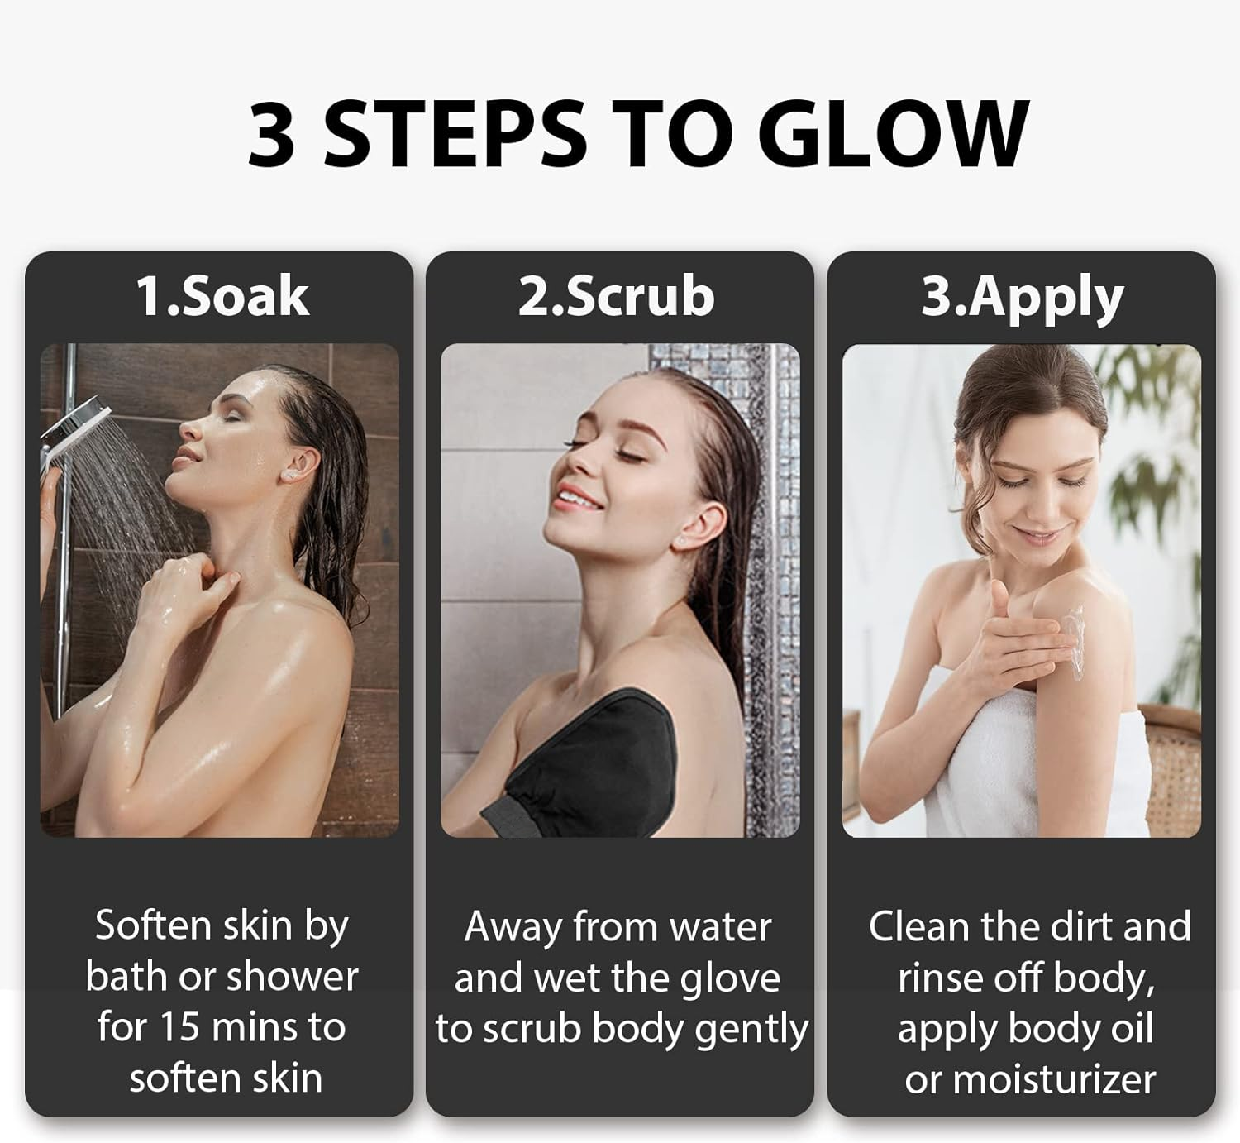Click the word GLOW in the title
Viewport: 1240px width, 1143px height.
892,133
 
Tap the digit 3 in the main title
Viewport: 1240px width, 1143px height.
271,133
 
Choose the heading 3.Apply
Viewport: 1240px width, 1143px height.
1022,298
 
